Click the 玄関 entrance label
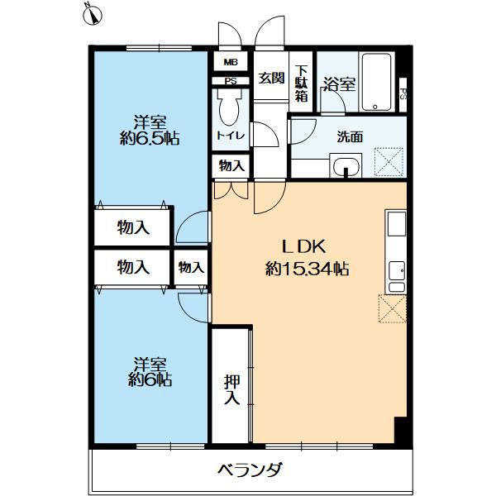[x=270, y=79]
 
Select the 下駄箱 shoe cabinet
[x=302, y=83]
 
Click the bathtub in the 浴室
[x=379, y=83]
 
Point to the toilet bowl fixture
[x=227, y=107]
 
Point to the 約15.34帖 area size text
[x=306, y=269]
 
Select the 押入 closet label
[x=231, y=390]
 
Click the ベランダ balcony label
[x=250, y=470]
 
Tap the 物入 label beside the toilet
[x=231, y=166]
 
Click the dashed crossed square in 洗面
[x=388, y=160]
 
